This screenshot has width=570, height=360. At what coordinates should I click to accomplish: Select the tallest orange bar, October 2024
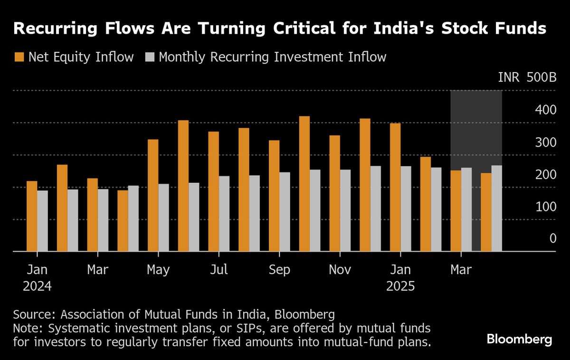pyautogui.click(x=304, y=183)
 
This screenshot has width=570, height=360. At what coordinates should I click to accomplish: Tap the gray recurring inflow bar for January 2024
pyautogui.click(x=43, y=220)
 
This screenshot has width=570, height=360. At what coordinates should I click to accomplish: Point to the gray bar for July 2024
pyautogui.click(x=224, y=213)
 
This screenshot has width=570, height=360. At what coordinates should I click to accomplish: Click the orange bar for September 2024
pyautogui.click(x=274, y=195)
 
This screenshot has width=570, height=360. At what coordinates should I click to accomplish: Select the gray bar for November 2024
pyautogui.click(x=345, y=210)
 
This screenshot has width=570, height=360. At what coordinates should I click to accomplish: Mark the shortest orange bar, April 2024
pyautogui.click(x=123, y=220)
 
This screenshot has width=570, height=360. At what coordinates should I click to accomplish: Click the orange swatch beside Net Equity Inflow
pyautogui.click(x=19, y=57)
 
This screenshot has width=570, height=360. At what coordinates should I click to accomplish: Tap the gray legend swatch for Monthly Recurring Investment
pyautogui.click(x=150, y=57)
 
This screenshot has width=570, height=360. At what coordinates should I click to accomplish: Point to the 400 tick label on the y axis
pyautogui.click(x=546, y=110)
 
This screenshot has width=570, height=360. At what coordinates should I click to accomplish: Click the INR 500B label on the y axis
pyautogui.click(x=527, y=78)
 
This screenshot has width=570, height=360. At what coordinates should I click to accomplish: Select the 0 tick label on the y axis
pyautogui.click(x=552, y=238)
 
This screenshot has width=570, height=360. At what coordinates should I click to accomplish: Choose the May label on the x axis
pyautogui.click(x=158, y=270)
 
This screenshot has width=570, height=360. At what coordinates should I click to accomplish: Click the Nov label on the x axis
pyautogui.click(x=340, y=270)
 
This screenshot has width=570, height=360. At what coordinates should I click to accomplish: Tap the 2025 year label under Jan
pyautogui.click(x=400, y=287)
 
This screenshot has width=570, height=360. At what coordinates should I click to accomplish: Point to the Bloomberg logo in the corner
pyautogui.click(x=519, y=340)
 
